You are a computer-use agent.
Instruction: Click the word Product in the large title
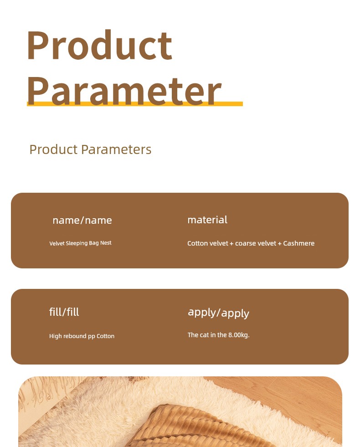(x=99, y=45)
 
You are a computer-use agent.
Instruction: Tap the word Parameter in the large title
(x=124, y=91)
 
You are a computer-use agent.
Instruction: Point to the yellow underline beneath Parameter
(x=135, y=104)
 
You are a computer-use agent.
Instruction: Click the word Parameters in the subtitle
(x=116, y=149)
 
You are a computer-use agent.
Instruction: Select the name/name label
(x=82, y=221)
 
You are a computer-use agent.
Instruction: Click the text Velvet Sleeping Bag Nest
(x=80, y=243)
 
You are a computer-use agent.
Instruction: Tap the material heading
(x=207, y=220)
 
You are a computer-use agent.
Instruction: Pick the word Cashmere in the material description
(x=299, y=243)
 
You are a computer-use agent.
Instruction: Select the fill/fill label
(x=64, y=312)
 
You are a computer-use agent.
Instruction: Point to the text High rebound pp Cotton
(x=82, y=336)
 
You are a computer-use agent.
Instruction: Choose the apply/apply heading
(x=218, y=313)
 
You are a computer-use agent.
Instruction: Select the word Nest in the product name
(x=106, y=243)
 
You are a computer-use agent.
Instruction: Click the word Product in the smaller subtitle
(x=54, y=149)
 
